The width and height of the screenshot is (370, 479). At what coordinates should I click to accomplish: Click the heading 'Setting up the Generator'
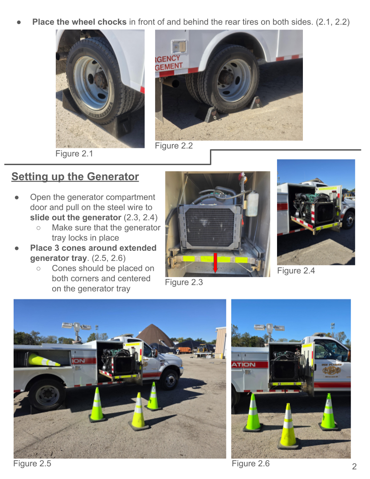pyautogui.click(x=75, y=176)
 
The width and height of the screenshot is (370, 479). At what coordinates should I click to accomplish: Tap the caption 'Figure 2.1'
pyautogui.click(x=74, y=153)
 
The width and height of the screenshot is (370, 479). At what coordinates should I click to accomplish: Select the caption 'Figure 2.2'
pyautogui.click(x=174, y=146)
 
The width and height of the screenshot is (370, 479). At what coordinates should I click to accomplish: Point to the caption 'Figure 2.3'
pyautogui.click(x=184, y=282)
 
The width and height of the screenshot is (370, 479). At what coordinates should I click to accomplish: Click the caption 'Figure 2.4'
pyautogui.click(x=296, y=271)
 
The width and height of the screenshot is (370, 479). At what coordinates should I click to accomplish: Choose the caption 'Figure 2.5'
pyautogui.click(x=32, y=464)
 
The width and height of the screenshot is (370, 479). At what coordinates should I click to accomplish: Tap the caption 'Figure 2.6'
pyautogui.click(x=251, y=464)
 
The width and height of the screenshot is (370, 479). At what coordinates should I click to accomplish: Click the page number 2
pyautogui.click(x=354, y=466)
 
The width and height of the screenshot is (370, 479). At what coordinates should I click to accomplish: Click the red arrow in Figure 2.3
pyautogui.click(x=215, y=263)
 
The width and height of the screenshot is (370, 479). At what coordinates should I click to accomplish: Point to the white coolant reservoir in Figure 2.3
pyautogui.click(x=252, y=204)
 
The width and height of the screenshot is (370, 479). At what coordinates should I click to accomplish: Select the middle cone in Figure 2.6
pyautogui.click(x=288, y=425)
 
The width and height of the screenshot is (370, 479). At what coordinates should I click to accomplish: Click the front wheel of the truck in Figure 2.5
pyautogui.click(x=170, y=380)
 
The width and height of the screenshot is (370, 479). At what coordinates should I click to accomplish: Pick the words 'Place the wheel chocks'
pyautogui.click(x=79, y=22)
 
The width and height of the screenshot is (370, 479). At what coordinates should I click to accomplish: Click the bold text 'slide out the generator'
pyautogui.click(x=75, y=218)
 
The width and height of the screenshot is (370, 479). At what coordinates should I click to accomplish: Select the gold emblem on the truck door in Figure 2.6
pyautogui.click(x=331, y=371)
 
